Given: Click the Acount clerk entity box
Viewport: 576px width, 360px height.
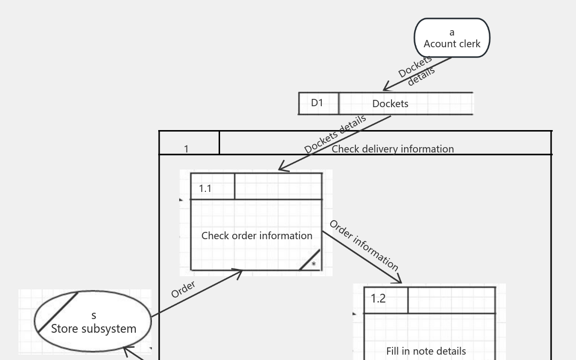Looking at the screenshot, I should click(452, 38).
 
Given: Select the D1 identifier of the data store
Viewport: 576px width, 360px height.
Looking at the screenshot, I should click(317, 103).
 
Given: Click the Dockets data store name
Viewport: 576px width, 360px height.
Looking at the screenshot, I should click(390, 104).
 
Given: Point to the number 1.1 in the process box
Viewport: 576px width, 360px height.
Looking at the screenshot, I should click(205, 189).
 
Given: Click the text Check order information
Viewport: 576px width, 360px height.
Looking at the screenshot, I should click(257, 236).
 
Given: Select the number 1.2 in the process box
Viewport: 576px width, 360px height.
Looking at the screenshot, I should click(378, 299).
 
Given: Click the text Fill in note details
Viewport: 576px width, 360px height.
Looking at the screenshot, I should click(426, 351).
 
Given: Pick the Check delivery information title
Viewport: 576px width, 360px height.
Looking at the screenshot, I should click(392, 149).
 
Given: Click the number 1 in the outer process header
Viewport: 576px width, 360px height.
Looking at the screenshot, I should click(186, 149).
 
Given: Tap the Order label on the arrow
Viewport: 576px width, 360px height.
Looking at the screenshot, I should click(183, 289).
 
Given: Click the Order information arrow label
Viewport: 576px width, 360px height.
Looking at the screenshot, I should click(364, 246).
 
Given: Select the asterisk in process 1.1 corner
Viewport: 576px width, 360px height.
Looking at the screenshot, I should click(314, 265).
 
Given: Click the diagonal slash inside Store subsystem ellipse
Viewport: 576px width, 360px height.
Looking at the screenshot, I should click(57, 312).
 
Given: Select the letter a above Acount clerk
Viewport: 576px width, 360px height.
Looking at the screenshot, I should click(452, 32).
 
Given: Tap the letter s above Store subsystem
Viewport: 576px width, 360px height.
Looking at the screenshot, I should click(93, 316).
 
